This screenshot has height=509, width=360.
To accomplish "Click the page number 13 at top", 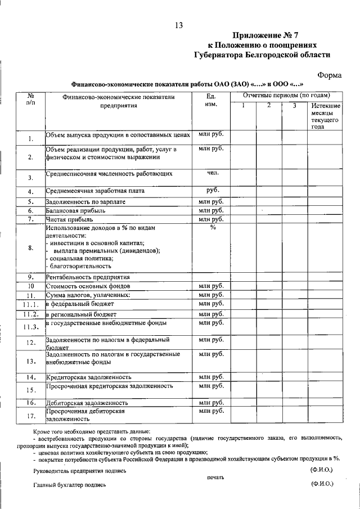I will [179, 25].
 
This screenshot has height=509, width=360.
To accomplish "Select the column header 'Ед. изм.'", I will [211, 101].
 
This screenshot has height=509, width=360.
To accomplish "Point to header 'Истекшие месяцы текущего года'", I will [325, 116].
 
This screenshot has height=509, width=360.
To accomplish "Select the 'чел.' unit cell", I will [211, 173].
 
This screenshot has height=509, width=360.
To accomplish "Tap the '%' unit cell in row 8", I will [212, 228].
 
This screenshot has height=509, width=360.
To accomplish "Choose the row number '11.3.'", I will [31, 327].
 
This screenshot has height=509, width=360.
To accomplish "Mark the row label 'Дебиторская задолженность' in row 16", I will [87, 403].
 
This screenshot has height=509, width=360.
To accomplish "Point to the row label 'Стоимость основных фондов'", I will [85, 286].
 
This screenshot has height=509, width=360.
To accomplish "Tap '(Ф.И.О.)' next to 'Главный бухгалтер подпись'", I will [321, 483].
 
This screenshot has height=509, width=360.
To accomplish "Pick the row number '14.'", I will [31, 377].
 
